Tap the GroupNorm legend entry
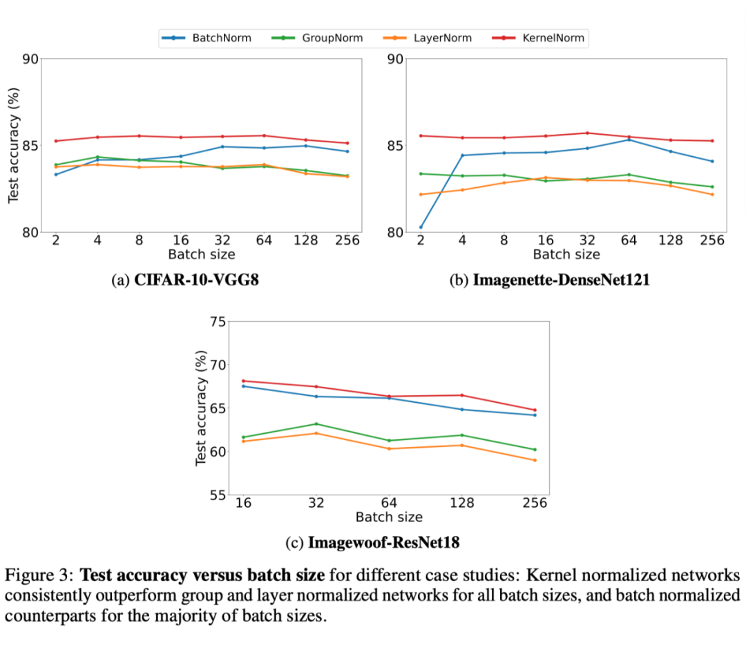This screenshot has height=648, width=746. pos(332,38)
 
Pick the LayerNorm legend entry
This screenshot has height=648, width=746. pos(442,38)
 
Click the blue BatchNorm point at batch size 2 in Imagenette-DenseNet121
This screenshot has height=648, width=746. pos(421,227)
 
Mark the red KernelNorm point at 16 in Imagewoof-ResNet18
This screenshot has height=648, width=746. pos(243,381)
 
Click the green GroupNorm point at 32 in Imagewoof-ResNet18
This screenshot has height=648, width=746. pos(316,423)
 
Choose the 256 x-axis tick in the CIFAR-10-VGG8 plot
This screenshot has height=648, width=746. pos(347,240)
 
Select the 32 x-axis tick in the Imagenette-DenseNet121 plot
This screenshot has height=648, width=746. pos(587,240)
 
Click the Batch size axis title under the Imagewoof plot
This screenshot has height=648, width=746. pos(389,517)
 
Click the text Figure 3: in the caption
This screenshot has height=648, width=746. pos(39,575)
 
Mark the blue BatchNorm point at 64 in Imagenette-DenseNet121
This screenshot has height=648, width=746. pos(629,140)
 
